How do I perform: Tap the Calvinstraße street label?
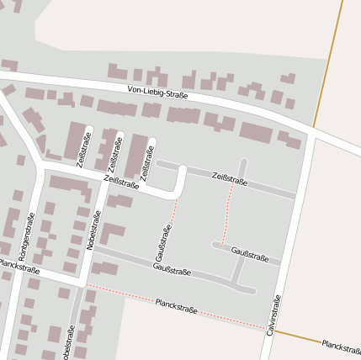pos(272,315)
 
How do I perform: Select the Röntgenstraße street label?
pos(25,236)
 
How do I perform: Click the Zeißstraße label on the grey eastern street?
pos(230,177)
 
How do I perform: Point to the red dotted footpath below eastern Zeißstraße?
pos(227,214)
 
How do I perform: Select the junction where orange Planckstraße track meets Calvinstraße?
pos(275,331)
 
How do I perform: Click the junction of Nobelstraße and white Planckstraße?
pos(84,284)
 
